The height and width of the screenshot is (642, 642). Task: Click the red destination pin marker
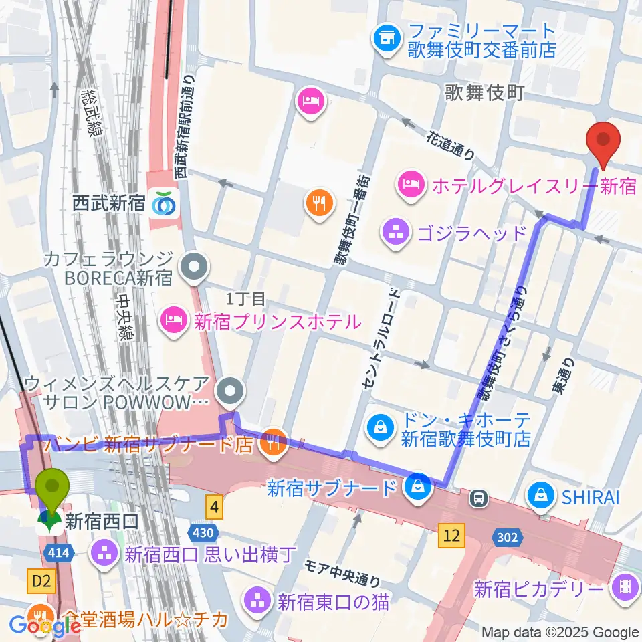click(603, 142)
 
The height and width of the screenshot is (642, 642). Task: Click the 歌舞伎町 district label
click(484, 92)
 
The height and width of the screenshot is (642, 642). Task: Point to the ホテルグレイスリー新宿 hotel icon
click(409, 181)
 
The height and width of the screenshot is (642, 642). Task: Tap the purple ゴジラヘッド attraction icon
click(392, 233)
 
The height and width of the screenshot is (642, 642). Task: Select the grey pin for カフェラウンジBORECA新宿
click(195, 267)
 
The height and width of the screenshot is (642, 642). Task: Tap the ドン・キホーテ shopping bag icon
click(380, 426)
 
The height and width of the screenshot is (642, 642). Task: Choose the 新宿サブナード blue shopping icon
click(418, 486)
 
